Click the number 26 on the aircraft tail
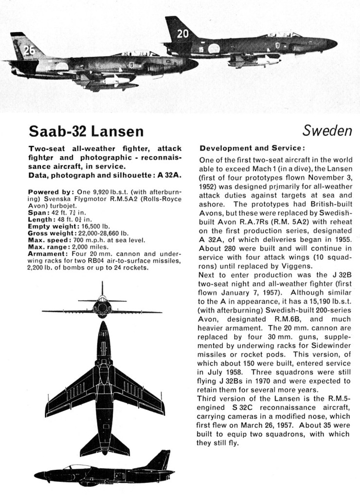(29, 50)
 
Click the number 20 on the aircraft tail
(182, 34)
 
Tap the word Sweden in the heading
(327, 130)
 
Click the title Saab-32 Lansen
(86, 131)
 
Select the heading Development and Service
(252, 148)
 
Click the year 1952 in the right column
(210, 185)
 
